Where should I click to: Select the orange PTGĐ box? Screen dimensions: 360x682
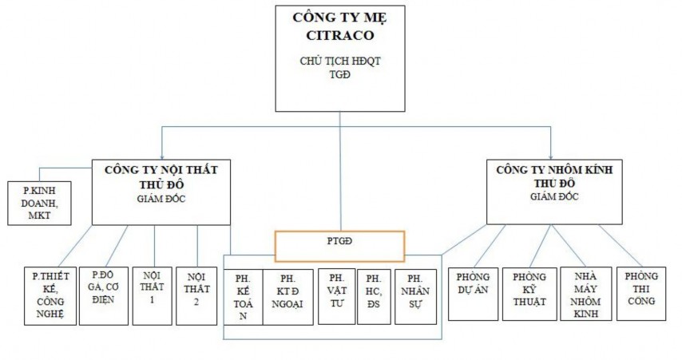(x=339, y=246)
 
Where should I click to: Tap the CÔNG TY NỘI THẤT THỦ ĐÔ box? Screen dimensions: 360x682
(x=161, y=192)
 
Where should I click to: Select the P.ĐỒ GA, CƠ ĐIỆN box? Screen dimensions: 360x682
(x=104, y=295)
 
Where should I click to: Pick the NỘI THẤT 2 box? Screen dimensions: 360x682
(x=196, y=295)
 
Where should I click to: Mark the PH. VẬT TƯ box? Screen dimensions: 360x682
(x=335, y=295)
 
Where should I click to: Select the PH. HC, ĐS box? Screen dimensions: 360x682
(x=373, y=295)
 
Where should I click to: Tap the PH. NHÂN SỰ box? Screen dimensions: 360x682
(x=414, y=295)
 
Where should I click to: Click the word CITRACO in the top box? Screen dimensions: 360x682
(x=339, y=35)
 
